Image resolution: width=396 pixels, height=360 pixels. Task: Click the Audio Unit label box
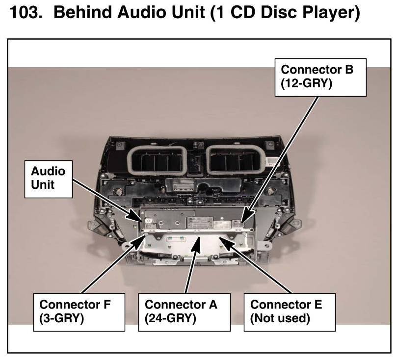pos(48,178)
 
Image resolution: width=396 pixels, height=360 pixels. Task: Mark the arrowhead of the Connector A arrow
pos(199,238)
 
